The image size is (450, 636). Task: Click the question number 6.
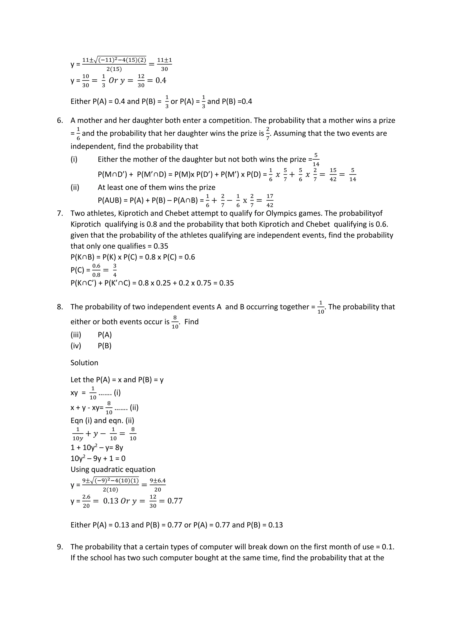pos(60,121)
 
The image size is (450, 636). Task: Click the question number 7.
pos(60,213)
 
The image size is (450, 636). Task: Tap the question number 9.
pos(60,547)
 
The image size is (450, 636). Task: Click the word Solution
pos(84,363)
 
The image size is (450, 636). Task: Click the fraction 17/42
pos(270,201)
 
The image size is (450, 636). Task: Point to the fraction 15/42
pos(333,175)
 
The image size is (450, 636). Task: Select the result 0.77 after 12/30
pos(175,501)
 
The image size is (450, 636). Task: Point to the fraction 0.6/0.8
pos(96,270)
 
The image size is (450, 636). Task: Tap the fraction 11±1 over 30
pos(165,64)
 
